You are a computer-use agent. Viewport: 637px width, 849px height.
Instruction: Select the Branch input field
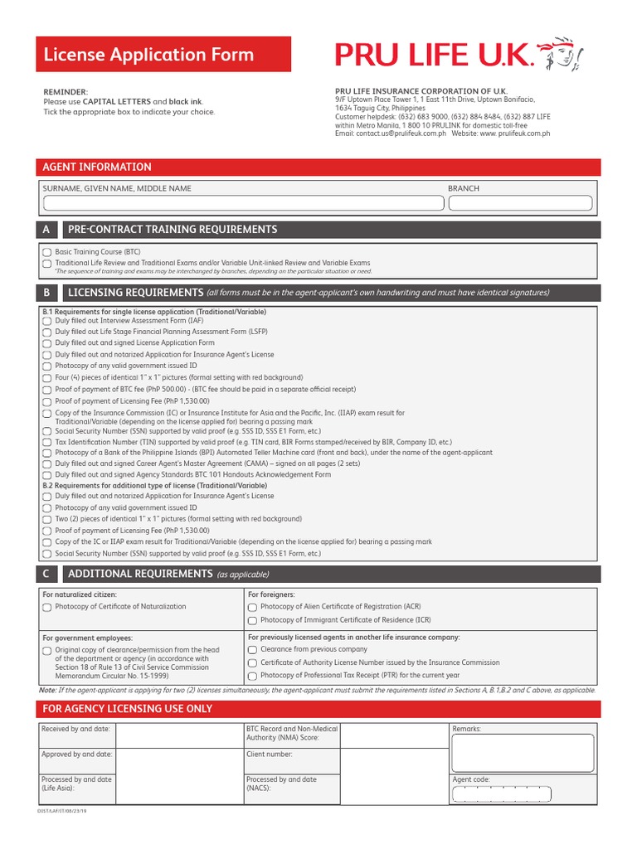[519, 203]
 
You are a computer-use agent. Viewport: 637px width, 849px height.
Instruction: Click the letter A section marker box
[46, 230]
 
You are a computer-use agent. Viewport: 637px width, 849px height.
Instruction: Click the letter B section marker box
[46, 293]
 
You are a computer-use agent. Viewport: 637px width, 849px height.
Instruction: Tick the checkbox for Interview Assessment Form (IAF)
[47, 320]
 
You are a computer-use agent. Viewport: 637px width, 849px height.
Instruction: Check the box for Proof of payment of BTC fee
[47, 389]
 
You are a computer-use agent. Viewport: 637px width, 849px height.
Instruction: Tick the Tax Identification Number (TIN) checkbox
[47, 443]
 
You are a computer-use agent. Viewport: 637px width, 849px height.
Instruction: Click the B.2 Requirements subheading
[154, 486]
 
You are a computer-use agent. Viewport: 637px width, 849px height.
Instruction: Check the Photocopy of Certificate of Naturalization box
[47, 607]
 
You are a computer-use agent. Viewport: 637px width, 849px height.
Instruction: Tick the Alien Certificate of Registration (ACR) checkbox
[252, 607]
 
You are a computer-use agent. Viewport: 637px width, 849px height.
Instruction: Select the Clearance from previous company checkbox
[252, 650]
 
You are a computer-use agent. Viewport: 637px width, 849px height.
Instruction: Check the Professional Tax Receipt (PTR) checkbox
[252, 676]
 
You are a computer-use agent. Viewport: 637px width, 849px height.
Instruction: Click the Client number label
[270, 754]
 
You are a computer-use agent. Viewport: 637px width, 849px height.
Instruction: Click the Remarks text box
[523, 752]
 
